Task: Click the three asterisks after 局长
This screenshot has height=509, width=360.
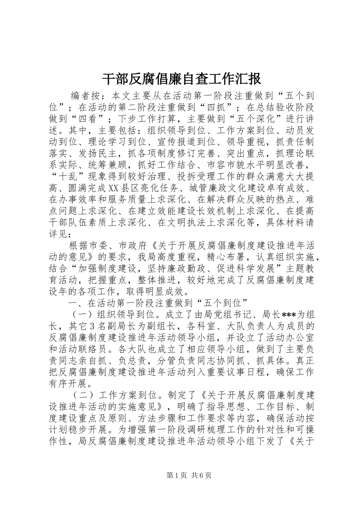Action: tap(289, 314)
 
